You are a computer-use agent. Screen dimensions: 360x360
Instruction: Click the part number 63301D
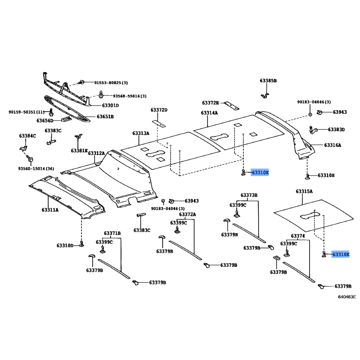click(x=110, y=105)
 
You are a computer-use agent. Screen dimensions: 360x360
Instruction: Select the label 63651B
click(x=105, y=117)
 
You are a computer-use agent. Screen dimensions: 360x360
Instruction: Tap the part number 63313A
click(x=141, y=133)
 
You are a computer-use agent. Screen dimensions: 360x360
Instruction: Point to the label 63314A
click(x=209, y=113)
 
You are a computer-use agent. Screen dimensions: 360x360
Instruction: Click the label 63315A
click(x=304, y=192)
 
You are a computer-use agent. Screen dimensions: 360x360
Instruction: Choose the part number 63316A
click(x=333, y=145)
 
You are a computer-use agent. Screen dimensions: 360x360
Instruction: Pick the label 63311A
click(x=50, y=210)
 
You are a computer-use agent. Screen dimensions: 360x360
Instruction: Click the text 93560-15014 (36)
click(x=36, y=169)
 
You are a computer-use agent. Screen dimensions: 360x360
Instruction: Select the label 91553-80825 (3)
click(x=111, y=83)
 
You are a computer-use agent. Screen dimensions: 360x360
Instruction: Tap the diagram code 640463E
click(x=347, y=297)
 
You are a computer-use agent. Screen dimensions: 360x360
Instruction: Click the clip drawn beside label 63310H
click(x=307, y=176)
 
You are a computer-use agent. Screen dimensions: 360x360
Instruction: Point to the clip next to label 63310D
click(x=81, y=244)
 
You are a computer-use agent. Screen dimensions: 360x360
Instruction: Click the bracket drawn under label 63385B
click(x=265, y=95)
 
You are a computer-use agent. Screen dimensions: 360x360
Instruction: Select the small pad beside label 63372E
click(x=231, y=105)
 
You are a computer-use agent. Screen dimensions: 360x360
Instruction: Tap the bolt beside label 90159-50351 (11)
click(x=51, y=112)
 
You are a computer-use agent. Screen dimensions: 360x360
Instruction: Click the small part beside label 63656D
click(x=66, y=119)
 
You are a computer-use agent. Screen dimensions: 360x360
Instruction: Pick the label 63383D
click(x=336, y=130)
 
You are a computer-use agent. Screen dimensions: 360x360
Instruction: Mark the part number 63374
click(x=298, y=236)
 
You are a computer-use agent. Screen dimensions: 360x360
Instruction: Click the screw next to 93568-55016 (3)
click(x=100, y=94)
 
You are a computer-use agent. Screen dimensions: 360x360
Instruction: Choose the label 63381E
click(x=79, y=151)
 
